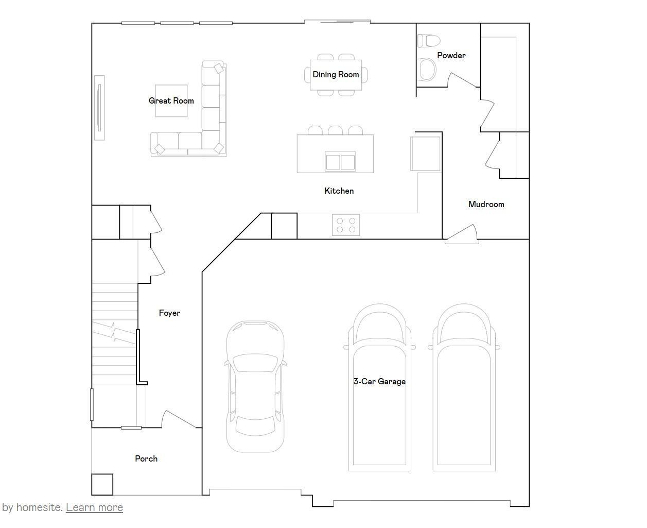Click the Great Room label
(171, 101)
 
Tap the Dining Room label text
(336, 75)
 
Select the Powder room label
(451, 56)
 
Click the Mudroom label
(486, 205)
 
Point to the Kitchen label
(339, 191)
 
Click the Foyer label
(169, 313)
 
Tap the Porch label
(146, 459)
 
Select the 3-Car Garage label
(379, 382)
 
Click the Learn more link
(94, 507)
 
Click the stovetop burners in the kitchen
(345, 225)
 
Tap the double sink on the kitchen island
(340, 161)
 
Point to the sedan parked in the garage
(255, 386)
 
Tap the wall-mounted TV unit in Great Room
(99, 107)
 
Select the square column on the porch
(102, 485)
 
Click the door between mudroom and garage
(462, 234)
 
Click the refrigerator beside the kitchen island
(426, 154)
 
